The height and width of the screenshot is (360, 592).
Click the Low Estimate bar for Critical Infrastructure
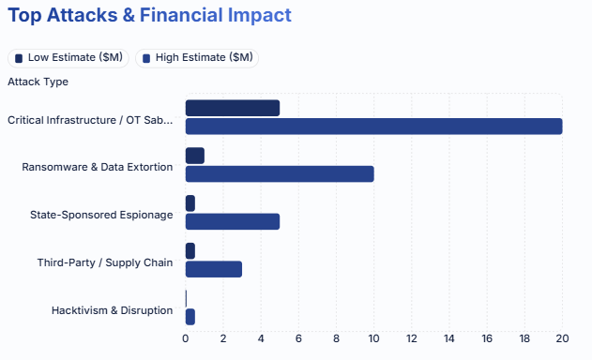coord(233,108)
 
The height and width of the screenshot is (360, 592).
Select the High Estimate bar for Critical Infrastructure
coord(373,126)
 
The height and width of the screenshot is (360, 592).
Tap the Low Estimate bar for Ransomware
coord(195,156)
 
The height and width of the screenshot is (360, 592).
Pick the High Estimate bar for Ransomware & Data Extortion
coord(280,174)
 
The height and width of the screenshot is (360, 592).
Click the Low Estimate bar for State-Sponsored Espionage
coord(190,203)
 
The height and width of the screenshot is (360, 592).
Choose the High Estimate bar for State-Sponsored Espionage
coord(233,221)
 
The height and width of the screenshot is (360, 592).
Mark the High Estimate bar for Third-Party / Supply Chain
coord(214,269)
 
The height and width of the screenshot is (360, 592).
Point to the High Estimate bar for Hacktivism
coord(190,317)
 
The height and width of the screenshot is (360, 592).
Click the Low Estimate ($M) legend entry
coord(68,58)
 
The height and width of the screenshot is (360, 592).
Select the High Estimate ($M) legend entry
coord(197,58)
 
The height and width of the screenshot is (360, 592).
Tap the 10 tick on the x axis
coord(373,338)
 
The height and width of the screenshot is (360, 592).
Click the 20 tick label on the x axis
coord(562,338)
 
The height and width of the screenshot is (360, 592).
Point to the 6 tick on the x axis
coord(298,338)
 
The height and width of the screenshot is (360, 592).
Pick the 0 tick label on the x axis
coord(186,338)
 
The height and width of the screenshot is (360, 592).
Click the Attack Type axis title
coord(38,82)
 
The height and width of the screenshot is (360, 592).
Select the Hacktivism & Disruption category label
coord(113,310)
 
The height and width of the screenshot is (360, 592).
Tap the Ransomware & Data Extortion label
coord(98,167)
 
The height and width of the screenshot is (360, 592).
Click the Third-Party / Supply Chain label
coord(105,262)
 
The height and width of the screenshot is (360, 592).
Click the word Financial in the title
coord(181,15)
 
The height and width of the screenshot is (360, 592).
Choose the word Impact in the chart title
coord(260,16)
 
